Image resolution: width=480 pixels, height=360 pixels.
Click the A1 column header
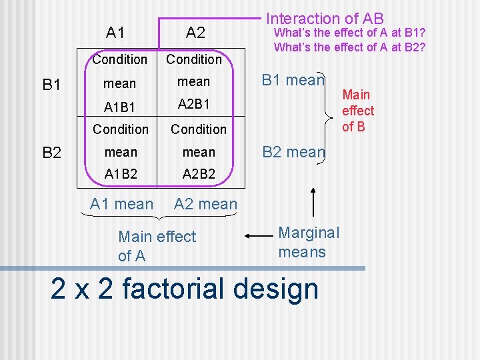[116, 32]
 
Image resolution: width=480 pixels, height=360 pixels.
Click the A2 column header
[195, 32]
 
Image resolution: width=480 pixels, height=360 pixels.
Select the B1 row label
[52, 85]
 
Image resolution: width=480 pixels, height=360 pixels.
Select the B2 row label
[52, 153]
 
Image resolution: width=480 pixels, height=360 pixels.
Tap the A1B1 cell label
[121, 106]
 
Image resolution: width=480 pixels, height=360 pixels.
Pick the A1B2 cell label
[121, 174]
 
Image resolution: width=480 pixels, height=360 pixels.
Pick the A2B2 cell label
[199, 174]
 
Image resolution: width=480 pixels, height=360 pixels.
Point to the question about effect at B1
[349, 33]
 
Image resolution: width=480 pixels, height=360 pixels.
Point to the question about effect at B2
[349, 47]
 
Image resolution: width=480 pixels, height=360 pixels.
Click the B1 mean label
[293, 81]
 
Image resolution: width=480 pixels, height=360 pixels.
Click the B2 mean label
[293, 151]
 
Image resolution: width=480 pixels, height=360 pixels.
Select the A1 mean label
[121, 204]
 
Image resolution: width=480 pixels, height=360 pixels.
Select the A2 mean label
[205, 204]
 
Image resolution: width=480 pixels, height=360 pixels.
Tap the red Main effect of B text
[358, 111]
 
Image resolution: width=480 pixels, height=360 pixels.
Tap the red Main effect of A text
[157, 245]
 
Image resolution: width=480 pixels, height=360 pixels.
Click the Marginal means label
[308, 242]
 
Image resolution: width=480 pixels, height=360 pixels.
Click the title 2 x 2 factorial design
[185, 289]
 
